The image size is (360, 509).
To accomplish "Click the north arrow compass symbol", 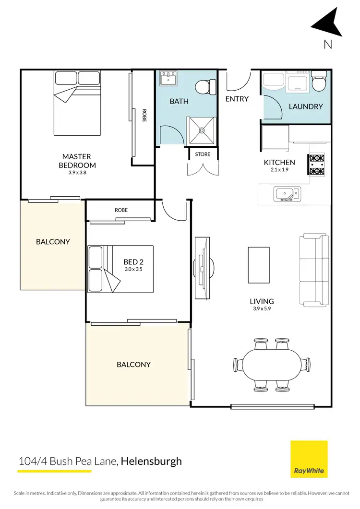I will [328, 25].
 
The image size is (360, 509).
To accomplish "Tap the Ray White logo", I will [309, 459].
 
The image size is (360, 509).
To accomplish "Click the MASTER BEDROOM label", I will [76, 161].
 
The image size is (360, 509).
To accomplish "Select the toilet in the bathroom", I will [204, 87].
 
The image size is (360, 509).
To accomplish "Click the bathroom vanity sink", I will [168, 78].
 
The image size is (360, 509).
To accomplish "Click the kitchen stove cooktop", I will [317, 164].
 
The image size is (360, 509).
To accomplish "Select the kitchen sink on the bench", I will [287, 194].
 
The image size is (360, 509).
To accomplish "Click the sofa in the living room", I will [314, 271].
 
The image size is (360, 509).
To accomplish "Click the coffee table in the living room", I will [258, 265].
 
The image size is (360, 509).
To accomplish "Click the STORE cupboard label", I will [202, 154].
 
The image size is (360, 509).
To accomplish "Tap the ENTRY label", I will [237, 99].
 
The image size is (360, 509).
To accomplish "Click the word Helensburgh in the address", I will [151, 462].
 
